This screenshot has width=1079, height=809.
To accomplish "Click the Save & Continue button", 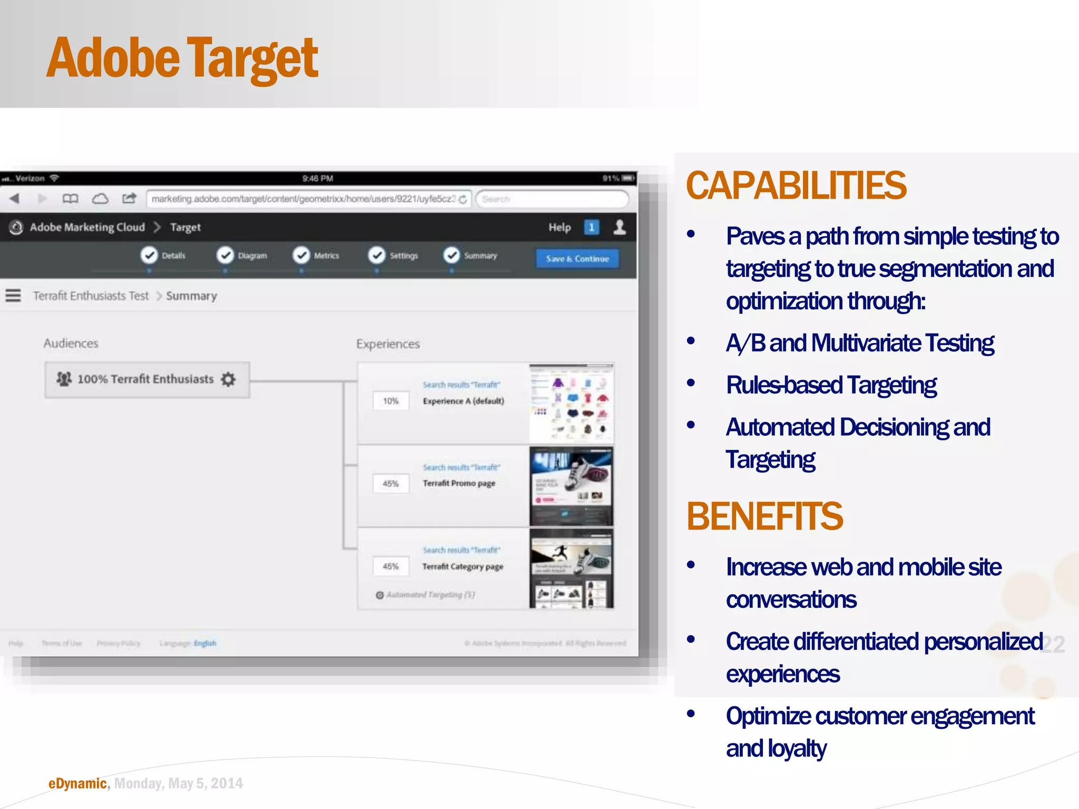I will point(577,259).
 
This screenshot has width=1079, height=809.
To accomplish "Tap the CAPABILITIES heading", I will point(796,186).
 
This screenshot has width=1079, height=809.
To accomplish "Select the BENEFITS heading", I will point(764,516).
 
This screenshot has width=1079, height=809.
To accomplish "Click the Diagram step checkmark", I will point(225,255).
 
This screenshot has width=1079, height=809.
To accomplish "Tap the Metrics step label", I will point(326,256).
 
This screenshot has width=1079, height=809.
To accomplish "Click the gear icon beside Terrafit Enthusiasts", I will point(228,379).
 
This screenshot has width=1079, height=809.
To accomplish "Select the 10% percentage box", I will point(390,401).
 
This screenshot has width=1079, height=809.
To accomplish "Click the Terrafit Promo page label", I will point(459,483).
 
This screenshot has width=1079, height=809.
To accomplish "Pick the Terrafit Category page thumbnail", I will point(571,569).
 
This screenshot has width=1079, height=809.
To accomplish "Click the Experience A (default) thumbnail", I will point(571,403).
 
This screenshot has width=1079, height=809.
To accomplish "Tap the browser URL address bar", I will point(303,199).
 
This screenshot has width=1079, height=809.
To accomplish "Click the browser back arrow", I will point(14,199).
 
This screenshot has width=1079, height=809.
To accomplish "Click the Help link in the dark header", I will point(559,228).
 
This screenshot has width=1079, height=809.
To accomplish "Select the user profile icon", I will point(620,227).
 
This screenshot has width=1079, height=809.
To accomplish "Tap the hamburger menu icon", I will point(13,295).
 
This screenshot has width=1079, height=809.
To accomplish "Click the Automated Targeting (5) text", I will point(430,595).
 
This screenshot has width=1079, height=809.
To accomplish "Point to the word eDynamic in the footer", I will point(77,784).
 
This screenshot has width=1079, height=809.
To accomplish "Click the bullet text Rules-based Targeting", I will point(831,385).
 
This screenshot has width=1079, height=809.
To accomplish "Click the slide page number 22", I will point(1053,644).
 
